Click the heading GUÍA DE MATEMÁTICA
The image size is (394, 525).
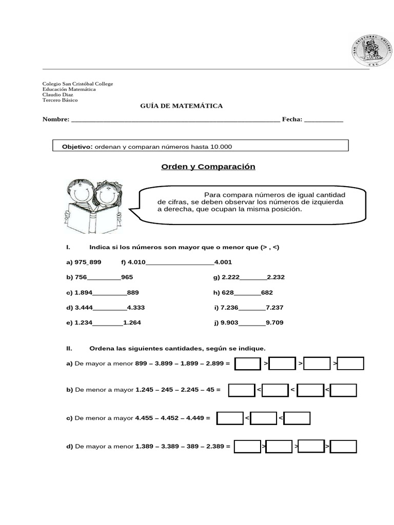click(182, 106)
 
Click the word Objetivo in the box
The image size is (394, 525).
click(76, 147)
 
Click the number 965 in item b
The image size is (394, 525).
click(127, 277)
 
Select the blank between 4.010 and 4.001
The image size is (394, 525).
click(180, 262)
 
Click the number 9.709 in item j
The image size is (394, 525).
click(274, 322)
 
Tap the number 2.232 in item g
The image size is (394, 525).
click(275, 277)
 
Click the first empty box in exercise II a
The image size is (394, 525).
click(248, 364)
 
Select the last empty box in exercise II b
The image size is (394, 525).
click(343, 391)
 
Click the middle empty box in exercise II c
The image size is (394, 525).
click(264, 418)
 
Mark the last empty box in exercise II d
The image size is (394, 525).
click(343, 447)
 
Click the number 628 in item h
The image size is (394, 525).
click(227, 293)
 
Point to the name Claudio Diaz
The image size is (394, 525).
click(57, 95)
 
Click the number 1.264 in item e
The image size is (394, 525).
click(132, 322)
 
